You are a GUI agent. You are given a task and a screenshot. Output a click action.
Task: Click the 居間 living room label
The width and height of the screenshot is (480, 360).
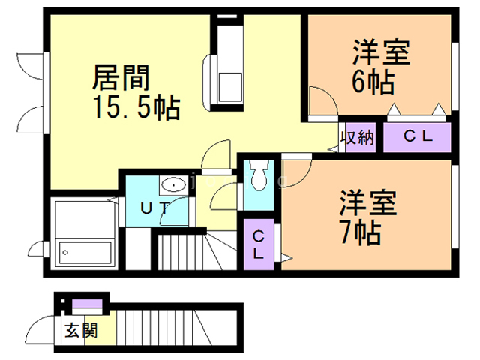click(x=121, y=78)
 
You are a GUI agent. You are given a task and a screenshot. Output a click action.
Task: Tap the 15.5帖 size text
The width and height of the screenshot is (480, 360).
click(x=136, y=107)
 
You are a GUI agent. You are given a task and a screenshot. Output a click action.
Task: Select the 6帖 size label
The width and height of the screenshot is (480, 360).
click(x=373, y=82)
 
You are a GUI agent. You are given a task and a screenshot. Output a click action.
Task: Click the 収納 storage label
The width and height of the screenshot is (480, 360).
click(x=358, y=137)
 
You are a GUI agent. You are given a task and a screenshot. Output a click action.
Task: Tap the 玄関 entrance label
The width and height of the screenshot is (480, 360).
click(x=81, y=331)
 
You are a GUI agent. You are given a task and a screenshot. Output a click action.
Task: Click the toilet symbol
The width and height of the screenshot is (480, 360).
click(x=259, y=176)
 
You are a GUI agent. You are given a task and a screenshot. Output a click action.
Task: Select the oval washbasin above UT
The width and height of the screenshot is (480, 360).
click(x=173, y=185)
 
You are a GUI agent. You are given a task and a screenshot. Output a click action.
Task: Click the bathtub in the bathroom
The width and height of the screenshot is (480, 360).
click(x=85, y=253)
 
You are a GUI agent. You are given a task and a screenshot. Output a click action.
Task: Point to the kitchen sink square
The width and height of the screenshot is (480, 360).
click(x=230, y=87)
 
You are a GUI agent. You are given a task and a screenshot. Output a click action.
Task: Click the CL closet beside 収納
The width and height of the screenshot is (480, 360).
click(x=417, y=136)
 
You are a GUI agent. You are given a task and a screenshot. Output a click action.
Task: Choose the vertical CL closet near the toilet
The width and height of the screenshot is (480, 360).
click(x=259, y=244)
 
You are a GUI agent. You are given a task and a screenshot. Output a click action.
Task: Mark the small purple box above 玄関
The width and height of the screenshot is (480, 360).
click(x=87, y=304)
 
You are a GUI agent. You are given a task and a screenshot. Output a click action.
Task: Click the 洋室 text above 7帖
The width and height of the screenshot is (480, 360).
click(x=368, y=202)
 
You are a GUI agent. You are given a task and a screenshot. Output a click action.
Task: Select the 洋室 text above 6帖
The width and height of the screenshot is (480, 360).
click(x=382, y=52)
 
